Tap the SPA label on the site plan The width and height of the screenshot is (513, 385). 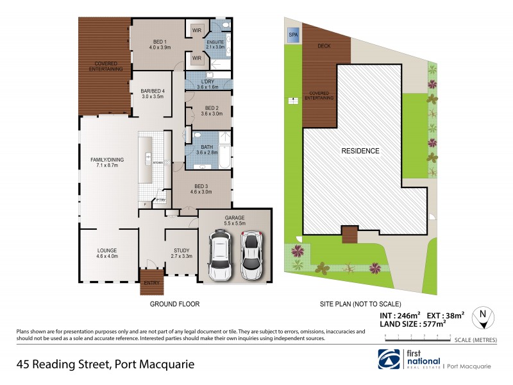(294, 34)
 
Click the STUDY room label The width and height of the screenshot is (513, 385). (182, 252)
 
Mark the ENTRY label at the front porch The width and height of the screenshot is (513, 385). (153, 282)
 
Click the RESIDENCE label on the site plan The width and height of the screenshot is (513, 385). (360, 151)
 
